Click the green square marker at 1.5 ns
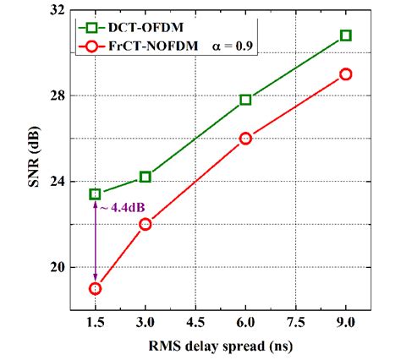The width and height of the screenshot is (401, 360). click(x=96, y=194)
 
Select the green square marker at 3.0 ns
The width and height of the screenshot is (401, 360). click(x=146, y=177)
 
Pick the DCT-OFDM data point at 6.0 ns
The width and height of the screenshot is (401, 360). click(x=245, y=100)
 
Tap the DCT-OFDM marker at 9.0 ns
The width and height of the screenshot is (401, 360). click(x=346, y=35)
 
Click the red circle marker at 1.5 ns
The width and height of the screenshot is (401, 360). click(x=96, y=288)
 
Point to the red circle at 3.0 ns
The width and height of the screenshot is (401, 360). click(x=146, y=224)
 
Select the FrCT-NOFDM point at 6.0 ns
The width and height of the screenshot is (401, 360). click(x=245, y=138)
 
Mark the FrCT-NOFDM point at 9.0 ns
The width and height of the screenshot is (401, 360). click(x=346, y=74)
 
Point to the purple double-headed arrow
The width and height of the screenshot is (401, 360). click(x=96, y=242)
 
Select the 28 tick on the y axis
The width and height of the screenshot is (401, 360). click(x=58, y=95)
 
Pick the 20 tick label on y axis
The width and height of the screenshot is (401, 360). click(x=58, y=267)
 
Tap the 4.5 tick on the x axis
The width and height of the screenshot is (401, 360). click(x=195, y=323)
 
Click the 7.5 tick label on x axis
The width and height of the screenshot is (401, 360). click(x=295, y=323)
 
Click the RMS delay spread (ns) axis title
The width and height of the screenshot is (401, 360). click(x=220, y=346)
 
